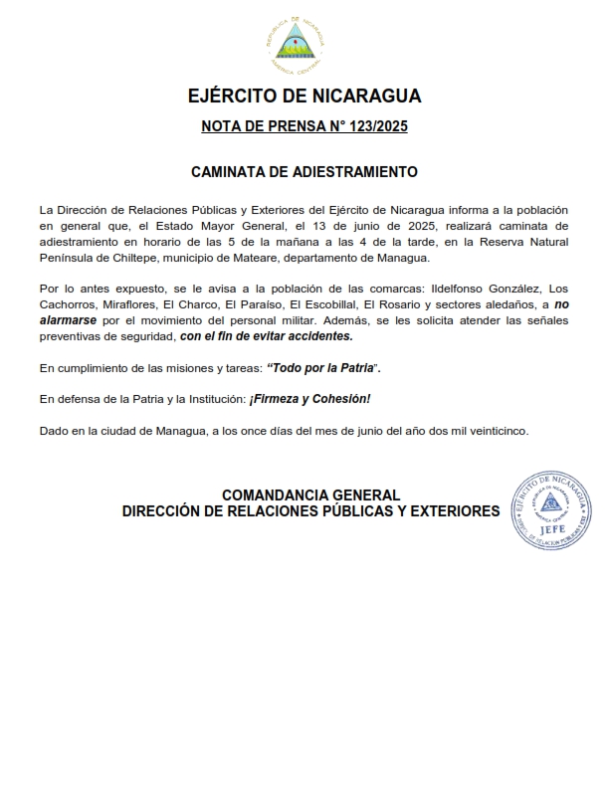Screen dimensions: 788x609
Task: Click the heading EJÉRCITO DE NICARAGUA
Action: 304,97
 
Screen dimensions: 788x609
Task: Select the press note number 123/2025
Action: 369,126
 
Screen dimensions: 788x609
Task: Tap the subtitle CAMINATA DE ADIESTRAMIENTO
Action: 304,172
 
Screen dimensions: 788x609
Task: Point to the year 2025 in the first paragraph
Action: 417,226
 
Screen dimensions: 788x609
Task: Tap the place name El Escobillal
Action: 322,305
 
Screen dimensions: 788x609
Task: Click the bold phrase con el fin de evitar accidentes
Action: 266,337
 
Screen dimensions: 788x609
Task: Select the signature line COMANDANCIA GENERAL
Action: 310,494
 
